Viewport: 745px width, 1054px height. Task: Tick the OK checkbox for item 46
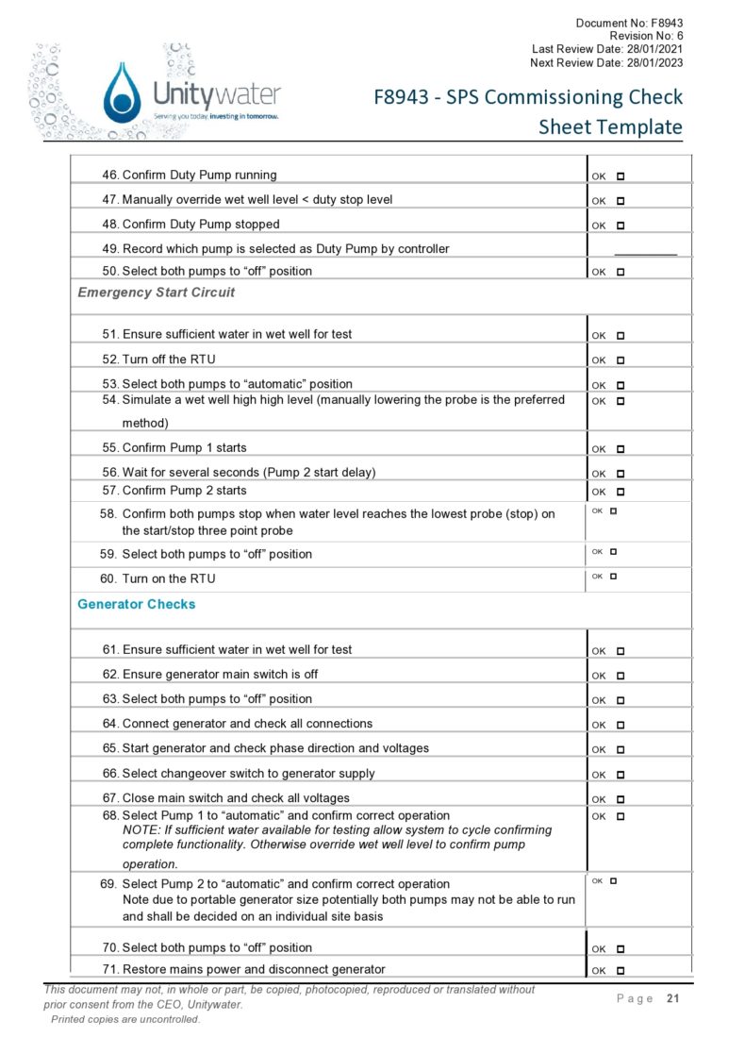[621, 176]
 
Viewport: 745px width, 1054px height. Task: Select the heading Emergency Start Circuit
[156, 293]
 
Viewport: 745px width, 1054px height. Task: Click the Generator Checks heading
[136, 604]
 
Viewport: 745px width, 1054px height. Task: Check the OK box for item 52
[621, 360]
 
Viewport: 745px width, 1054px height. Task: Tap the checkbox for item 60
[613, 576]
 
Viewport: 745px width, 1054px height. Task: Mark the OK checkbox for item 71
[621, 971]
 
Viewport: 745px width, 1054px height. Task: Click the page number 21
[672, 998]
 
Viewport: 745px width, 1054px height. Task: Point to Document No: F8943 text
[629, 22]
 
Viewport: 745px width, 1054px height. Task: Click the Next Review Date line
[606, 62]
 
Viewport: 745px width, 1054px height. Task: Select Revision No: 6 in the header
[646, 35]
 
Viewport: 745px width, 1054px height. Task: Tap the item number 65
[110, 748]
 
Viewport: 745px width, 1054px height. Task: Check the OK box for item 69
[613, 880]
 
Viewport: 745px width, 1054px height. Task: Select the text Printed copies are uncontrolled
[124, 1019]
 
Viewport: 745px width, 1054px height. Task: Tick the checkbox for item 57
[621, 492]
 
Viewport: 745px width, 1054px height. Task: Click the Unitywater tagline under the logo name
[216, 115]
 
